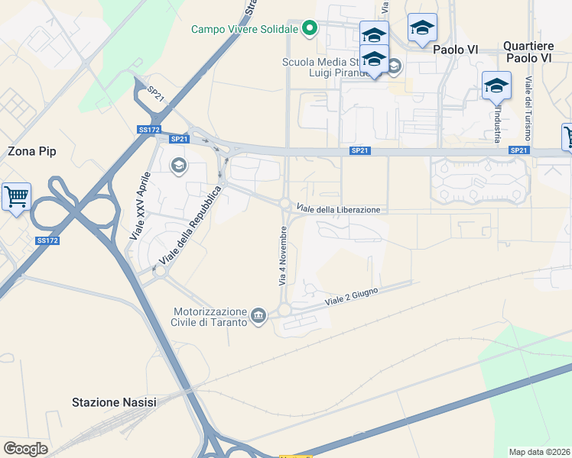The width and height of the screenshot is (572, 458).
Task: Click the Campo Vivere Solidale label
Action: [x=245, y=30]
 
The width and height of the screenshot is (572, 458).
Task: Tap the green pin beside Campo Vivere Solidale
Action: [x=309, y=29]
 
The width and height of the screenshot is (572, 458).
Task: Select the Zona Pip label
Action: [x=32, y=151]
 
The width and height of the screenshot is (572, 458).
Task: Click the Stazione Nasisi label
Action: [x=113, y=402]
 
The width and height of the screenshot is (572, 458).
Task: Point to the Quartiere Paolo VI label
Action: [x=528, y=52]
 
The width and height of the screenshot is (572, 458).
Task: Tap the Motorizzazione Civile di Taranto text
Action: [x=210, y=317]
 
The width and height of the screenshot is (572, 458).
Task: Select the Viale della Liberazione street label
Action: [x=338, y=210]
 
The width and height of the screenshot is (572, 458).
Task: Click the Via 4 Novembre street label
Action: [x=282, y=256]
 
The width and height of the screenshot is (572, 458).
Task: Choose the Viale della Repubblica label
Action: [x=189, y=227]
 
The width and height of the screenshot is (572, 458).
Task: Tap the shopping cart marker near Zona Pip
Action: [x=16, y=197]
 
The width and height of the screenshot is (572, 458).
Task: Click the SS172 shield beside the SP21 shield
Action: [x=149, y=130]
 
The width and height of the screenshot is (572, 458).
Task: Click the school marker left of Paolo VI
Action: [x=421, y=28]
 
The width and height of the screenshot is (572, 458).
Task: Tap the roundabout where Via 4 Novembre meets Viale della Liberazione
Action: [x=284, y=204]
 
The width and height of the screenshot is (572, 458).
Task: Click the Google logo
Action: [x=25, y=449]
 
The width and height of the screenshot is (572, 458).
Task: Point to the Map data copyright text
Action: [x=540, y=451]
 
